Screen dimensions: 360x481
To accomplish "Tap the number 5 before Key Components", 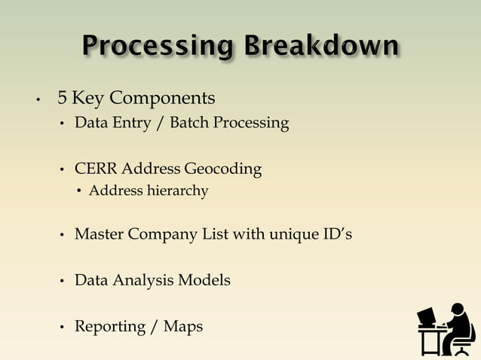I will coord(63,99).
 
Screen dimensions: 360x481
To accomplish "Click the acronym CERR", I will coord(96,169).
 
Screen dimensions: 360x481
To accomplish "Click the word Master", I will coord(100,234).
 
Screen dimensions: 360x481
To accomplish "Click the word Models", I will coord(204,280).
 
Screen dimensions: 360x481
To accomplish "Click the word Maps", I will coord(183,327).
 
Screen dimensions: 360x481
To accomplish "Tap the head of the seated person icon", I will coord(456,310).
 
